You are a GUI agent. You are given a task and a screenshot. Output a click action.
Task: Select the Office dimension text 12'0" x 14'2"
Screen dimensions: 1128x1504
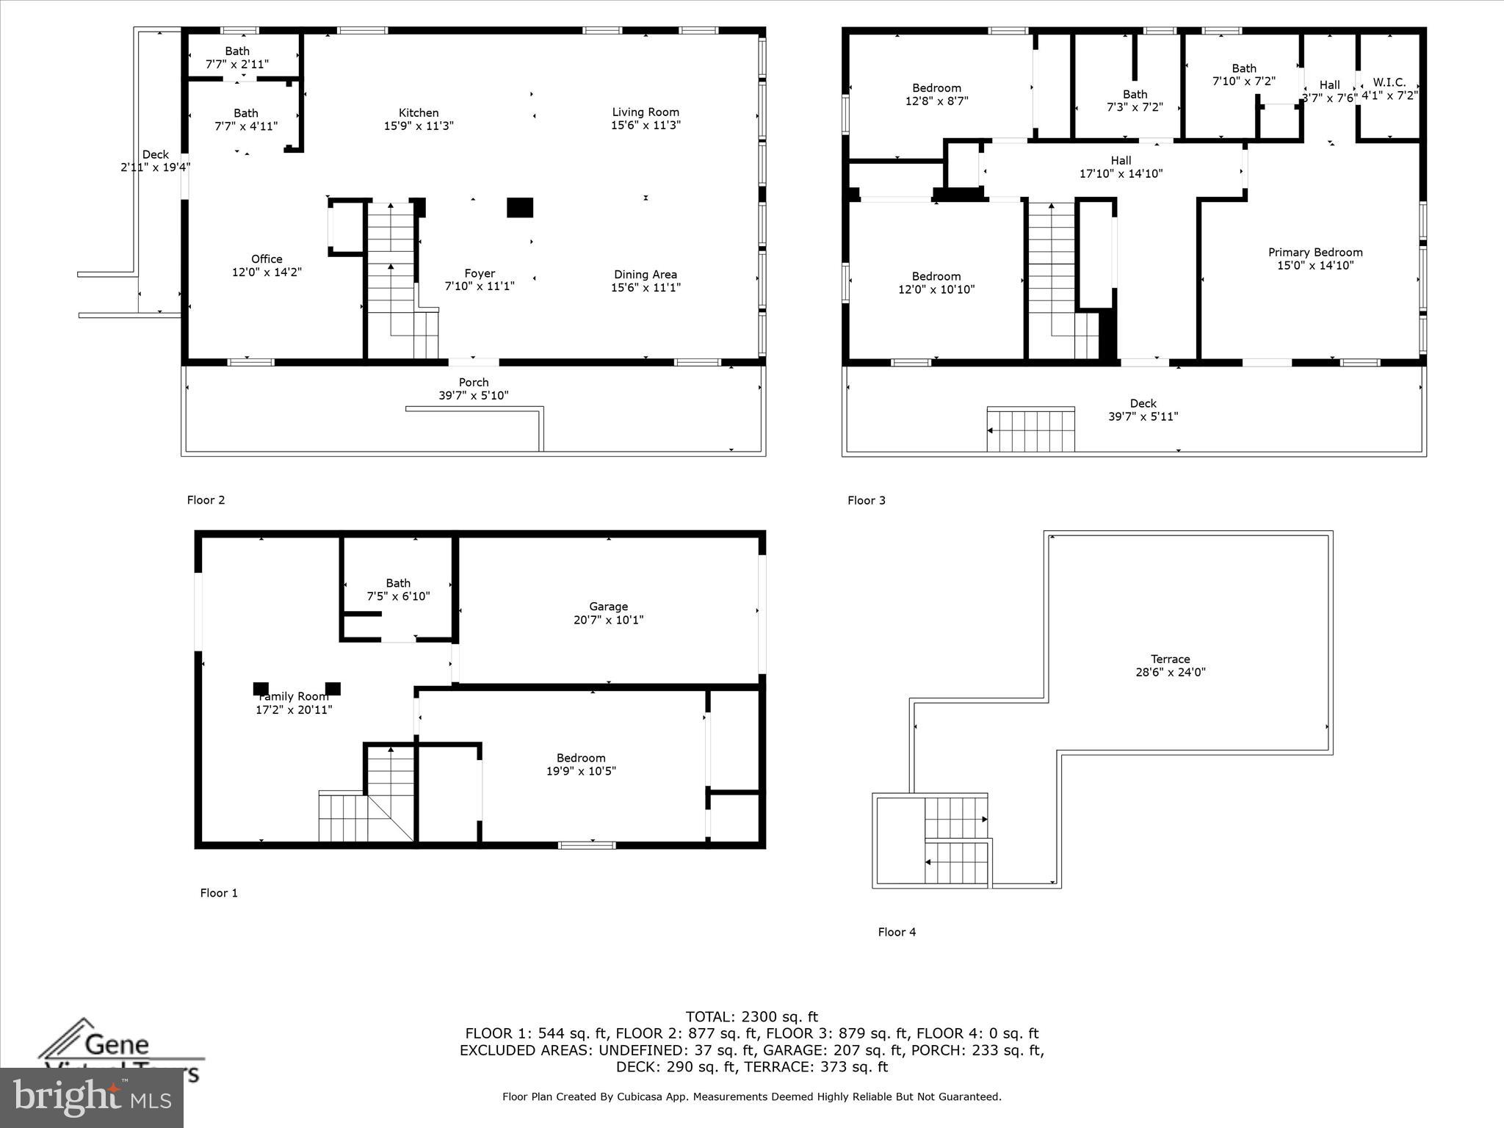click(267, 272)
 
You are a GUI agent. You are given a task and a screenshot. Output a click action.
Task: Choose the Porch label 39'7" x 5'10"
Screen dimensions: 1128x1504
click(474, 388)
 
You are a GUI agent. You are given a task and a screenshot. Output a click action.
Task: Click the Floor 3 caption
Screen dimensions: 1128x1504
click(867, 501)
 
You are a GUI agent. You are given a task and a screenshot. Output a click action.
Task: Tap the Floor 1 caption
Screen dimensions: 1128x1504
click(219, 893)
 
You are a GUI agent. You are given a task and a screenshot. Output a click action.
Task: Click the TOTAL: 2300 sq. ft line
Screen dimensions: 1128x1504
click(751, 1017)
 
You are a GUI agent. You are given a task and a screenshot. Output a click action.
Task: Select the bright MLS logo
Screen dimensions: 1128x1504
click(92, 1097)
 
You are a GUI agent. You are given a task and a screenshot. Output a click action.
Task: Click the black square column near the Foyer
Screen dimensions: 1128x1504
click(520, 208)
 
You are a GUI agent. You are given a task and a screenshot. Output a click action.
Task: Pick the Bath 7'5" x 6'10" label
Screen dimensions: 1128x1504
click(398, 590)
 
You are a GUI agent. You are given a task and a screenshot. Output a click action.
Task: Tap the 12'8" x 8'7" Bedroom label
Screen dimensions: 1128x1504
click(936, 95)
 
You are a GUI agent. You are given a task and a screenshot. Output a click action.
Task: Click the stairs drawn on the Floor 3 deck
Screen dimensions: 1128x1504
click(1031, 430)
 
